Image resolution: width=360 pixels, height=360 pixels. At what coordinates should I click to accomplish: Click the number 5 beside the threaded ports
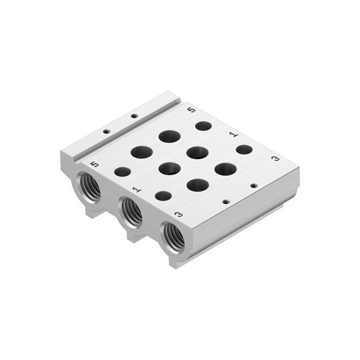pos(95,164)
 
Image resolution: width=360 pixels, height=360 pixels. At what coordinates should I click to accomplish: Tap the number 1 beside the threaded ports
pos(137,190)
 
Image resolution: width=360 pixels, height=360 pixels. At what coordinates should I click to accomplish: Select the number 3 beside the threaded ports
pos(179,215)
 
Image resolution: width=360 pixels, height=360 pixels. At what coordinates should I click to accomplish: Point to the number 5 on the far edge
pos(191,110)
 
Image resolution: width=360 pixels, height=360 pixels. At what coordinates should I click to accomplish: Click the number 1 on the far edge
pos(234,134)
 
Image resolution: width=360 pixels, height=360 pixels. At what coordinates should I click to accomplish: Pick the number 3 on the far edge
pos(275,158)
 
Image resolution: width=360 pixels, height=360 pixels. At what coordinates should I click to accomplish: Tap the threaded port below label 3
pos(173,237)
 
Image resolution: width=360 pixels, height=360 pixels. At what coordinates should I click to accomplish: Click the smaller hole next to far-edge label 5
pos(203,126)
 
